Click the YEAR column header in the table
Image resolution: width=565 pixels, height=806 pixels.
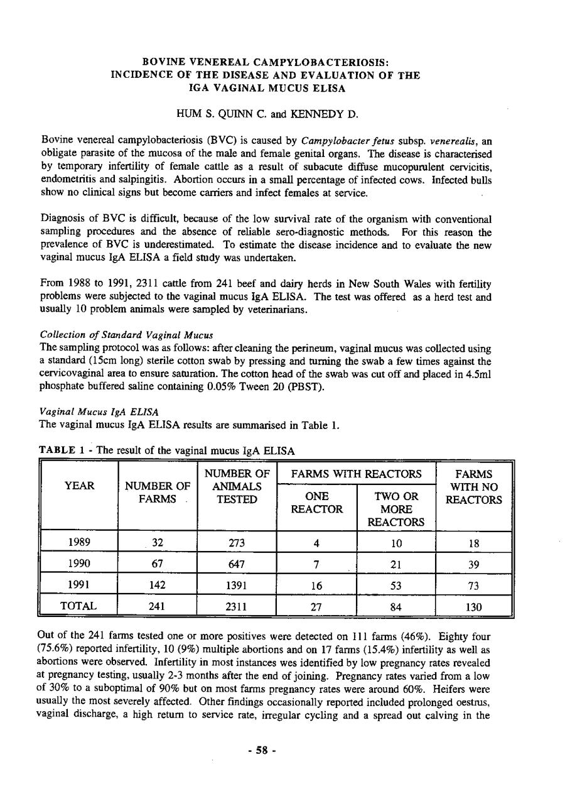tap(78, 486)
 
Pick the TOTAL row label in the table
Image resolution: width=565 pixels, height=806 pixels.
tap(78, 607)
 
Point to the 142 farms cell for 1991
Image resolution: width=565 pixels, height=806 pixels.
tap(157, 585)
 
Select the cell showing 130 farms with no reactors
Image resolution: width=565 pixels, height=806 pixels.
tap(474, 607)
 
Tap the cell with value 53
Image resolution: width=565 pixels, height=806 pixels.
tap(395, 585)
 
